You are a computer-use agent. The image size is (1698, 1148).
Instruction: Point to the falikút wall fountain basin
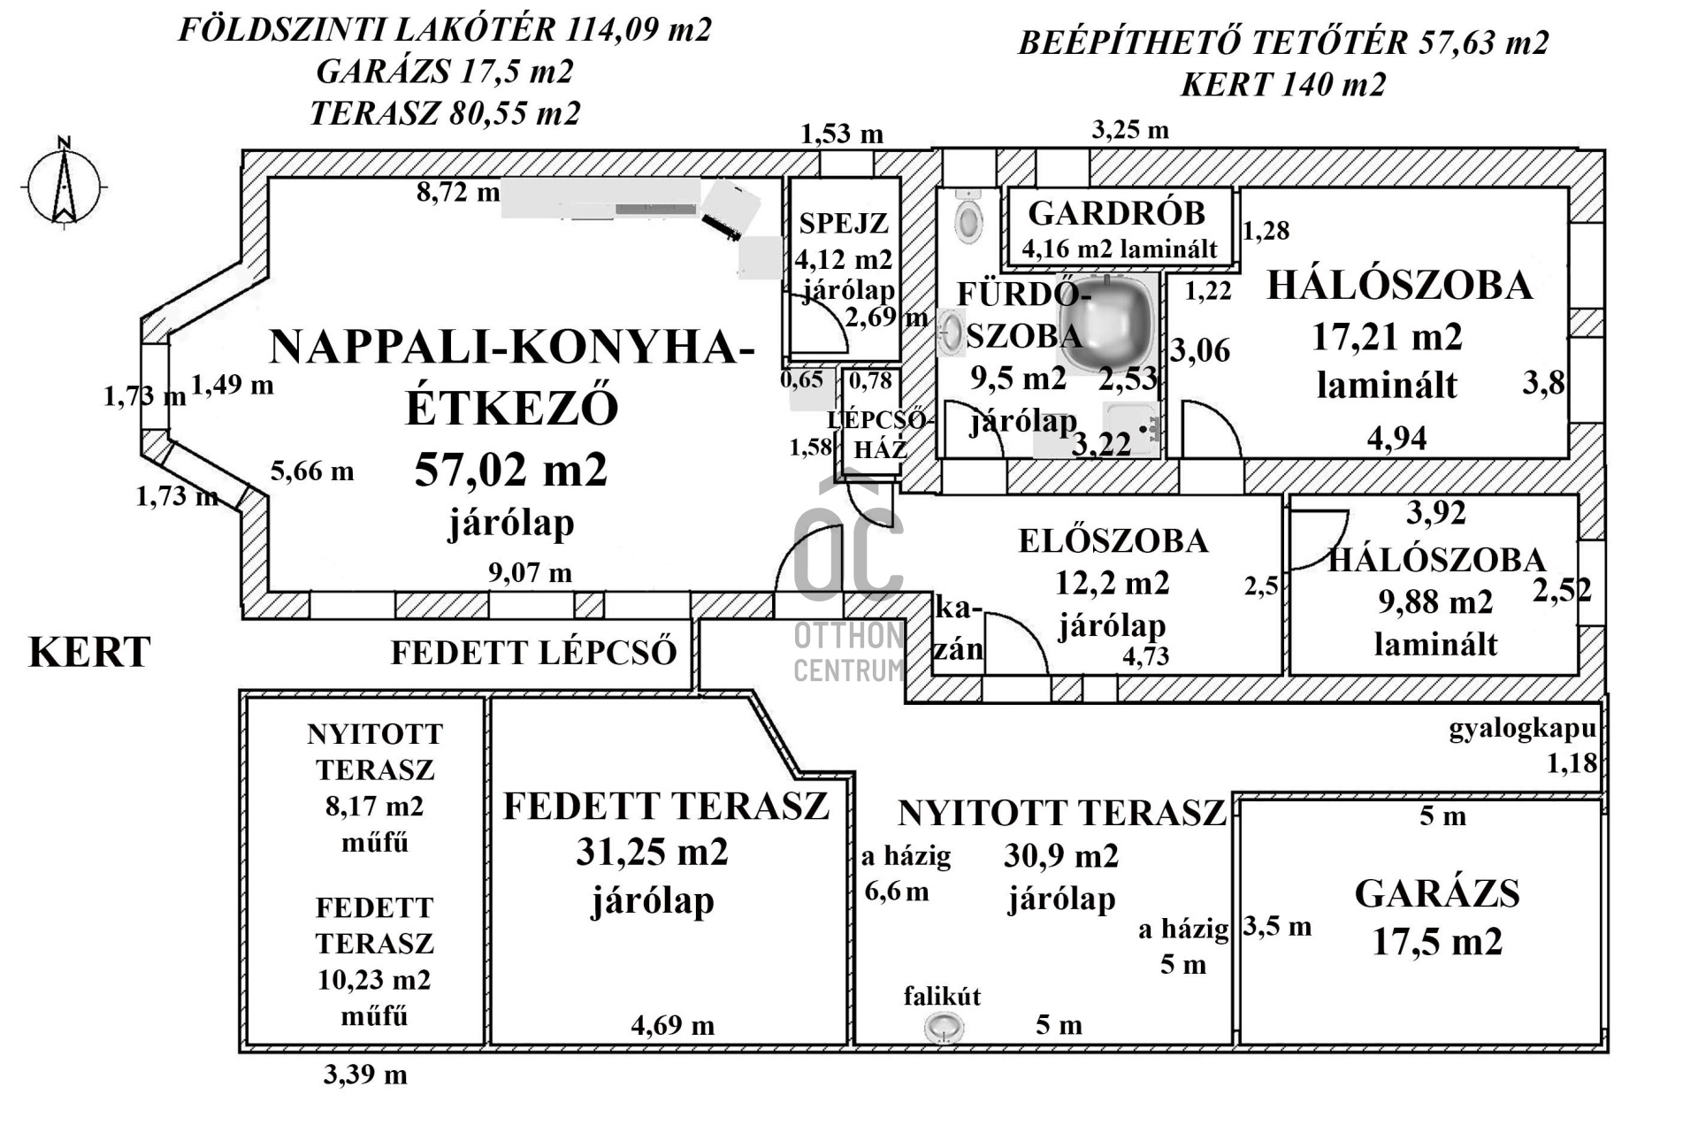pyautogui.click(x=944, y=1028)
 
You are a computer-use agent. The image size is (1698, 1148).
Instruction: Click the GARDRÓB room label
pyautogui.click(x=1116, y=214)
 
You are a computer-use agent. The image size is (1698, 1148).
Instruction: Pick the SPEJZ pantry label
pyautogui.click(x=844, y=224)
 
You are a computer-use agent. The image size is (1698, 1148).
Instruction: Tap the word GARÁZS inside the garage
pyautogui.click(x=1436, y=894)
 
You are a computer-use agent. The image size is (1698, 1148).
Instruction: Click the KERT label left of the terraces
pyautogui.click(x=89, y=653)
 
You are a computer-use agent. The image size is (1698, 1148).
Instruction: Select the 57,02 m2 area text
pyautogui.click(x=510, y=470)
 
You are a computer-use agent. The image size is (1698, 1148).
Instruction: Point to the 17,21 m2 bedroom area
pyautogui.click(x=1386, y=337)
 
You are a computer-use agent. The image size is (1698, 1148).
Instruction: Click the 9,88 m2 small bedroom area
pyautogui.click(x=1434, y=602)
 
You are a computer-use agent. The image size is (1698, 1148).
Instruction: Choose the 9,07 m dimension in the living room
pyautogui.click(x=530, y=573)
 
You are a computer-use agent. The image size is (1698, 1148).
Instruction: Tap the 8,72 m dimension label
pyautogui.click(x=457, y=192)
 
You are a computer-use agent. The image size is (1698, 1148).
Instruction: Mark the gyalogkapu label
pyautogui.click(x=1521, y=730)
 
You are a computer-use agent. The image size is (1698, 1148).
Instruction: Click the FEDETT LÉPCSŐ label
pyautogui.click(x=533, y=653)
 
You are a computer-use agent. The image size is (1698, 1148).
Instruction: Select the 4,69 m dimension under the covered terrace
pyautogui.click(x=672, y=1026)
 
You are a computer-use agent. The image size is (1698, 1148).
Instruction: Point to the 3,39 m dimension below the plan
pyautogui.click(x=364, y=1075)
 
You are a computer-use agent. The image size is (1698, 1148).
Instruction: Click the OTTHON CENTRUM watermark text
pyautogui.click(x=848, y=653)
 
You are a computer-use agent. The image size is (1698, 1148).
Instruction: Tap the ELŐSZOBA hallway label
pyautogui.click(x=1113, y=541)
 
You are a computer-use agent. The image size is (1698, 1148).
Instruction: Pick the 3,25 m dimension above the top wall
pyautogui.click(x=1129, y=131)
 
